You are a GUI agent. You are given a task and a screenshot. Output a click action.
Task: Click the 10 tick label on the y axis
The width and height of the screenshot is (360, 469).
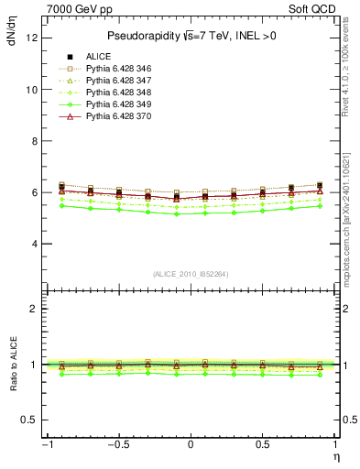pyautogui.click(x=30, y=90)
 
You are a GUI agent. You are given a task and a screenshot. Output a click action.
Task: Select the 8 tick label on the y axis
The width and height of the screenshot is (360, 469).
pyautogui.click(x=33, y=141)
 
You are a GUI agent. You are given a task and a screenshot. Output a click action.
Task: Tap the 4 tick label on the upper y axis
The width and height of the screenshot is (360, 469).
pyautogui.click(x=33, y=244)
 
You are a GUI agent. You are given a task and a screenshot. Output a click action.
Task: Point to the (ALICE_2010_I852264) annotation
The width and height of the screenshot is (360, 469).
pyautogui.click(x=190, y=275)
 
